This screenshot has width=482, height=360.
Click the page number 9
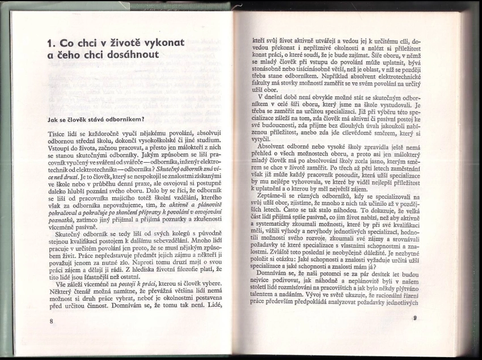pos(415,318)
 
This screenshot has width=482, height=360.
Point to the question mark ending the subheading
pos(145,118)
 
